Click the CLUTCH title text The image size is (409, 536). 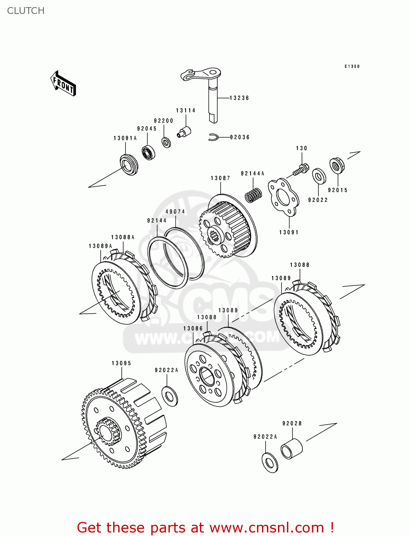(26, 11)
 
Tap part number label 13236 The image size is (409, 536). (239, 98)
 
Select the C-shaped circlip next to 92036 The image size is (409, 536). (213, 137)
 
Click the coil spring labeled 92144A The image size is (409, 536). (254, 195)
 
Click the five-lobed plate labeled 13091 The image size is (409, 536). (283, 198)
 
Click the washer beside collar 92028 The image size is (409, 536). (270, 463)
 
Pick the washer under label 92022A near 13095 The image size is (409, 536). (170, 396)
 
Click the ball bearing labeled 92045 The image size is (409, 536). (148, 153)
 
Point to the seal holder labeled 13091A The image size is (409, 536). (129, 164)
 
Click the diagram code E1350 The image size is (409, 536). (352, 66)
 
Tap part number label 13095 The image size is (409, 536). (121, 363)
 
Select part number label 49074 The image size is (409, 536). (175, 212)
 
